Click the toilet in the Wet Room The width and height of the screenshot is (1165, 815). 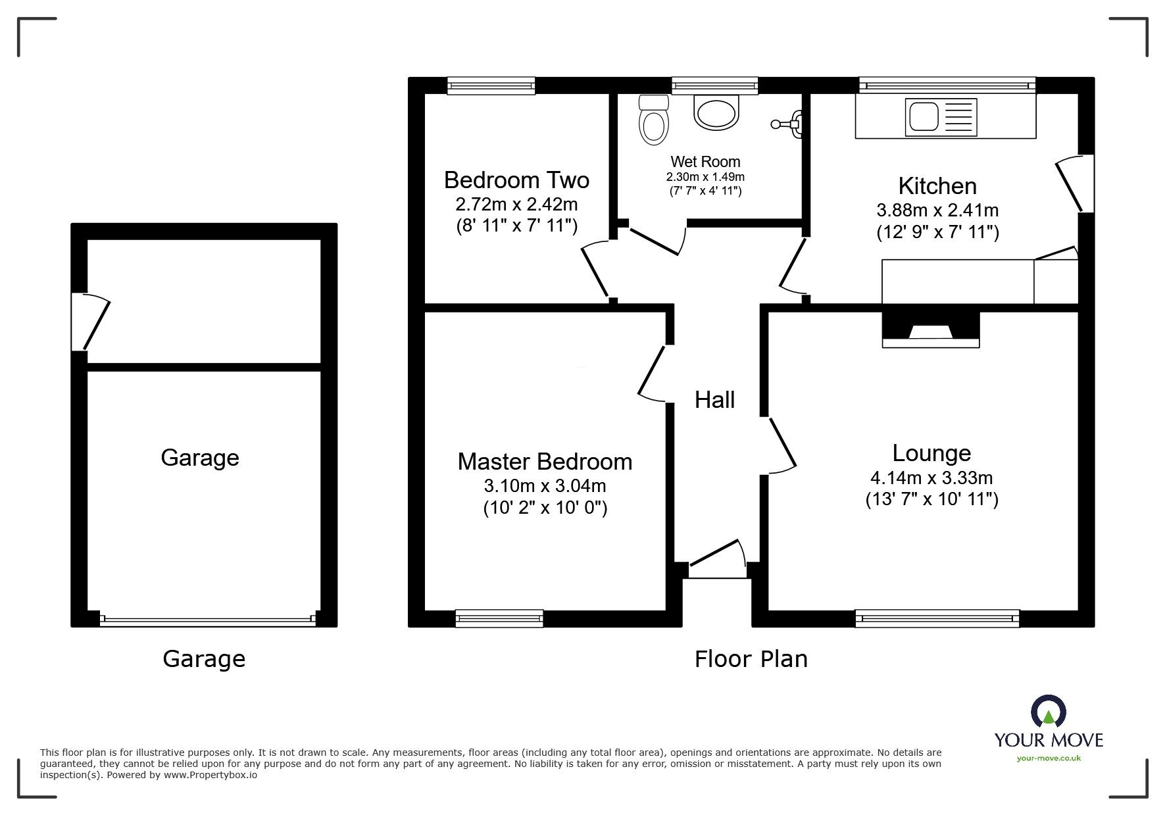coord(653,121)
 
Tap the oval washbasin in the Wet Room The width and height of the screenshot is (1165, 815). coord(716,112)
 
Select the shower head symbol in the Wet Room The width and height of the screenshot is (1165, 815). coord(789,123)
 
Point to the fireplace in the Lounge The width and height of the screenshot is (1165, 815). coord(930,330)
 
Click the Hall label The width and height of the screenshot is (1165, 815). coord(714,400)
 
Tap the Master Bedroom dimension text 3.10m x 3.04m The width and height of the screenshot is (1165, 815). coord(545,486)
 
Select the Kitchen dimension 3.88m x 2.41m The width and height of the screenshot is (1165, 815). coord(937,210)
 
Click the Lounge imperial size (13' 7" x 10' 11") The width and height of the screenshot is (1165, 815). coord(931,499)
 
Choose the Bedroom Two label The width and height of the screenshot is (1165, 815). coord(516,180)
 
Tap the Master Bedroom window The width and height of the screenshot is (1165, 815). coord(499,618)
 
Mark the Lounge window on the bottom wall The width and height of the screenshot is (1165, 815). coord(937,618)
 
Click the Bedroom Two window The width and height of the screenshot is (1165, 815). coord(491,86)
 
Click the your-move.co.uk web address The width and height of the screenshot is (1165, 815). coord(1049,758)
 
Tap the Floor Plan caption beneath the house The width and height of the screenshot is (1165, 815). coord(751,659)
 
